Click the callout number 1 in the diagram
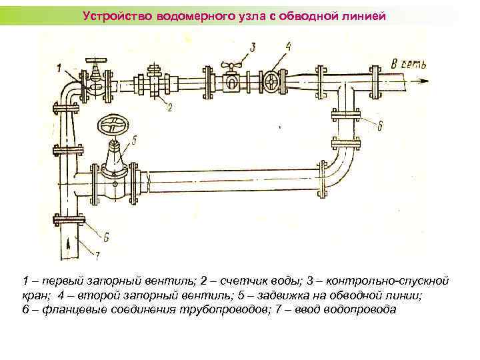click(59, 67)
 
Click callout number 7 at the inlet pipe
click(97, 254)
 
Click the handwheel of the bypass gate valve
click(113, 125)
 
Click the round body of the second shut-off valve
click(272, 83)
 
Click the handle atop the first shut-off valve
click(97, 59)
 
